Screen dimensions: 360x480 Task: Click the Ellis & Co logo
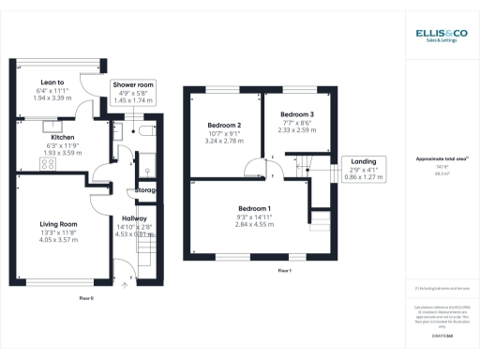(441, 36)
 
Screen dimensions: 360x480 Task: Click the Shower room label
(134, 85)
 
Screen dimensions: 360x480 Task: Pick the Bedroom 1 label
(254, 207)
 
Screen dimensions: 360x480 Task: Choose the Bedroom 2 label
(225, 125)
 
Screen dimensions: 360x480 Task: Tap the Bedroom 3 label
(297, 114)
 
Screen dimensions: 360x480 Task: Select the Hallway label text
(135, 217)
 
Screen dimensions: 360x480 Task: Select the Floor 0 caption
(85, 297)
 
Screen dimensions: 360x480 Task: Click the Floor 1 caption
(285, 270)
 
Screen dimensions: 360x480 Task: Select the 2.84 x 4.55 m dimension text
(254, 225)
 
